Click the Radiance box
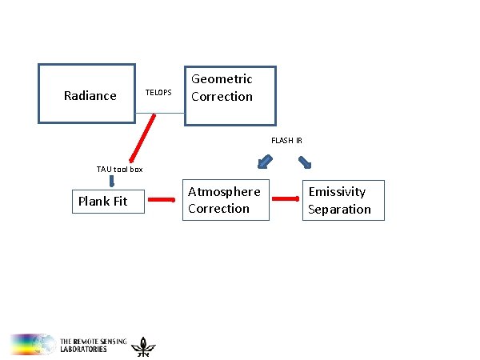[87, 93]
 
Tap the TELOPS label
[158, 93]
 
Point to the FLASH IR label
[286, 141]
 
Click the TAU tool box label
[119, 169]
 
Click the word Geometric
[222, 78]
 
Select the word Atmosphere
[224, 191]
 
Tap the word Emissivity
[337, 191]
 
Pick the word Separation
[340, 209]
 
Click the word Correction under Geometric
[222, 97]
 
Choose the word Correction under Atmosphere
[218, 209]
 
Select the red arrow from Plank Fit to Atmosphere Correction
[164, 200]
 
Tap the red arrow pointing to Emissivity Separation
[282, 200]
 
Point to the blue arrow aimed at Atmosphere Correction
[262, 163]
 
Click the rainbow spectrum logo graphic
[32, 344]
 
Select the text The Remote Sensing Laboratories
[92, 346]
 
